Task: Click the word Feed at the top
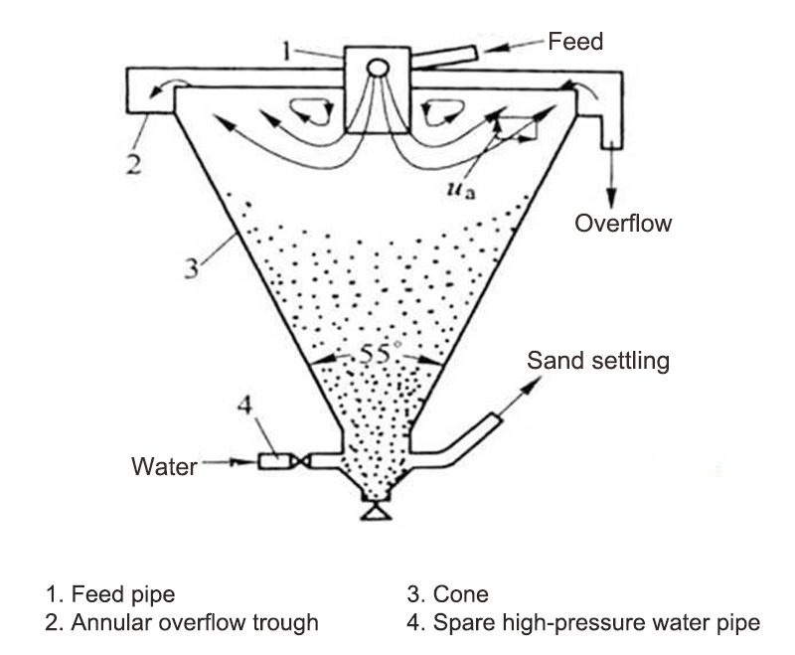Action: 576,42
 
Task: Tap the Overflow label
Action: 623,223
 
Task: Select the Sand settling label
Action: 598,360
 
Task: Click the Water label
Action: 164,465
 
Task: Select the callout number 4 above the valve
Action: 246,406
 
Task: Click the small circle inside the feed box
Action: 378,68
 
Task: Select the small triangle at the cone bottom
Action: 375,513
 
